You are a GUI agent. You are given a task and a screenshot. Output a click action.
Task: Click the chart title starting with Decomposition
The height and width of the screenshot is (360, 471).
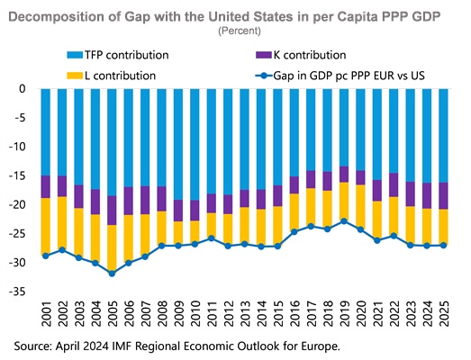(224, 16)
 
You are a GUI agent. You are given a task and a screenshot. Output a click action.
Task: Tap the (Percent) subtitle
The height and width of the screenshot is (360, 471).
(240, 31)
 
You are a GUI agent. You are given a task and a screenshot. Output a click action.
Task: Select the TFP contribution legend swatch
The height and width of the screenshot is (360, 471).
(75, 55)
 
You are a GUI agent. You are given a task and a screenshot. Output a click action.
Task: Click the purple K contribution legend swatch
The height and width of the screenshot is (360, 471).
(264, 55)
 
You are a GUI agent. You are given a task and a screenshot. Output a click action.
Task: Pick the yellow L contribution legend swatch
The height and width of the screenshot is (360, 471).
(75, 76)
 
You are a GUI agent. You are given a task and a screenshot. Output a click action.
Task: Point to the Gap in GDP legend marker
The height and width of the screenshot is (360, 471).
(264, 76)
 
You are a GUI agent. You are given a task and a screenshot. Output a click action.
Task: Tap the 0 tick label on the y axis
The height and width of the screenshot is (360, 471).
(23, 88)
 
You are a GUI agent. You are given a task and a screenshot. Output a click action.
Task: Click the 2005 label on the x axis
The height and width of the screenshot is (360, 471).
(112, 313)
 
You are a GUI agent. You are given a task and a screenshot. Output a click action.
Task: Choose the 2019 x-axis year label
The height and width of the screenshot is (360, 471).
(344, 313)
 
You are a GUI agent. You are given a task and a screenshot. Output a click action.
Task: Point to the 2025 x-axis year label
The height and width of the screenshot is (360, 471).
(443, 313)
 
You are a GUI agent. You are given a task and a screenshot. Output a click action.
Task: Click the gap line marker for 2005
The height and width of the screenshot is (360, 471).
(112, 274)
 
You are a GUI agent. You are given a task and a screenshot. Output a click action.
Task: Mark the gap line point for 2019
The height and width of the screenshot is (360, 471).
(344, 221)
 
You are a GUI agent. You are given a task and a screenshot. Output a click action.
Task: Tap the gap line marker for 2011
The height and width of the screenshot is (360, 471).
(211, 238)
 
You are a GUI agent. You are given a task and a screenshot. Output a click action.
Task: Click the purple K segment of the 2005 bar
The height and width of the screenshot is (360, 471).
(112, 211)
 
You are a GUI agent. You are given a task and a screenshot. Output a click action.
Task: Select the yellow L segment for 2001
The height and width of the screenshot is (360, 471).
(46, 227)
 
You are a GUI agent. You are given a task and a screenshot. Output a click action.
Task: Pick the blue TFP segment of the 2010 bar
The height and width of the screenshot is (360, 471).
(195, 144)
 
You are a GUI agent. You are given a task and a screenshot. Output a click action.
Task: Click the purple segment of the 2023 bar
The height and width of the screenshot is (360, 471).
(411, 194)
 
